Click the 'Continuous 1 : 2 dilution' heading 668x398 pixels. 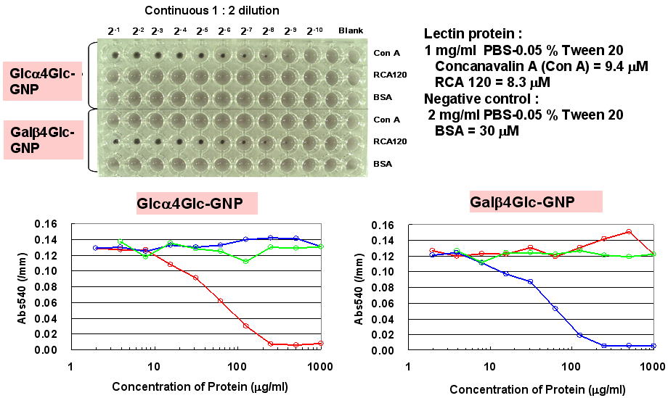point(211,10)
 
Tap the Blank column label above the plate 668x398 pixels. point(351,30)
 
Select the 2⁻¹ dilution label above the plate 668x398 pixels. point(114,30)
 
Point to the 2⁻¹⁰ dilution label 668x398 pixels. point(314,30)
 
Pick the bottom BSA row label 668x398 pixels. point(383,164)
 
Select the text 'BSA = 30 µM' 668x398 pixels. point(476,131)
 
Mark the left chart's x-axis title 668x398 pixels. point(200,386)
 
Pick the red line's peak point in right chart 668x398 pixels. point(629,232)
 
